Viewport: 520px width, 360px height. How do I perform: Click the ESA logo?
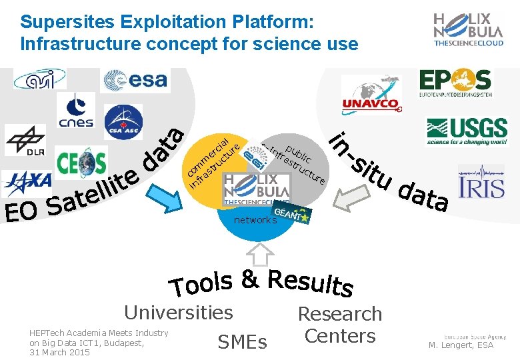(135, 81)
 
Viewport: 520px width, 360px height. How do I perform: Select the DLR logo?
(25, 141)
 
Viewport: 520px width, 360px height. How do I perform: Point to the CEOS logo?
(81, 162)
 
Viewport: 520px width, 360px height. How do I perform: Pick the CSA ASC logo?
(123, 122)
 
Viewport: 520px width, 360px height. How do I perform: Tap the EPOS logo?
(455, 83)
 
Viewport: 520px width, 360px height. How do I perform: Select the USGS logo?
(467, 132)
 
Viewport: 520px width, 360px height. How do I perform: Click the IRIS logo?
(481, 181)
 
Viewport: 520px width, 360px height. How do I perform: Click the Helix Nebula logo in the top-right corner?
(467, 30)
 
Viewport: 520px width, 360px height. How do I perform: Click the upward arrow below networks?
(260, 253)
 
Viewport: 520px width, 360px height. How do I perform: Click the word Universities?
(179, 312)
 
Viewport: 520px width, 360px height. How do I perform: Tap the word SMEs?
(242, 342)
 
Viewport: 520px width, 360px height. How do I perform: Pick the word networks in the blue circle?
(255, 219)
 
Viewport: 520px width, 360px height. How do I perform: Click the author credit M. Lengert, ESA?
(461, 345)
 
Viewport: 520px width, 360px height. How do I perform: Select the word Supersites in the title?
(59, 22)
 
